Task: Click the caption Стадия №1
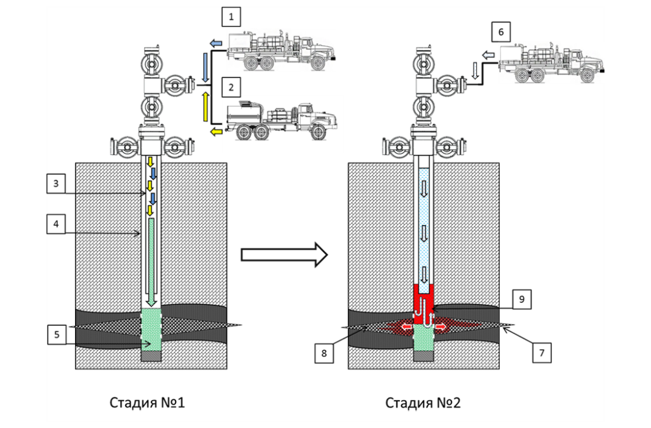click(148, 403)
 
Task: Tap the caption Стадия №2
click(423, 403)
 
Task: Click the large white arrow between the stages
click(284, 255)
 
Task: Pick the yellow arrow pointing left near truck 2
click(216, 131)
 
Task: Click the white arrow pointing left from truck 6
click(488, 57)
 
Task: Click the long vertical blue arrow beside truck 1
click(205, 66)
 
